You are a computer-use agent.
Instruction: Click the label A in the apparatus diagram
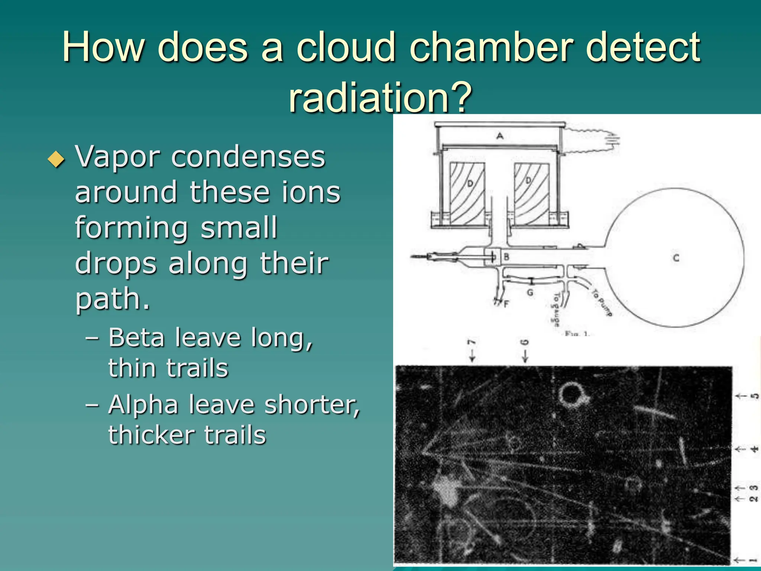(500, 136)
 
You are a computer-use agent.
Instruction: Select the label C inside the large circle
(676, 258)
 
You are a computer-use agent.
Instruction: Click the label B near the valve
(506, 257)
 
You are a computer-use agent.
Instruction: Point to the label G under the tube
(530, 293)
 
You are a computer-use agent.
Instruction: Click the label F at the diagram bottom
(506, 304)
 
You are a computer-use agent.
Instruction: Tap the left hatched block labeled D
(467, 193)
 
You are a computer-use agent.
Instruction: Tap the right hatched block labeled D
(531, 193)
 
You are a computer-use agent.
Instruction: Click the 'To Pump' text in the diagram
(602, 303)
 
